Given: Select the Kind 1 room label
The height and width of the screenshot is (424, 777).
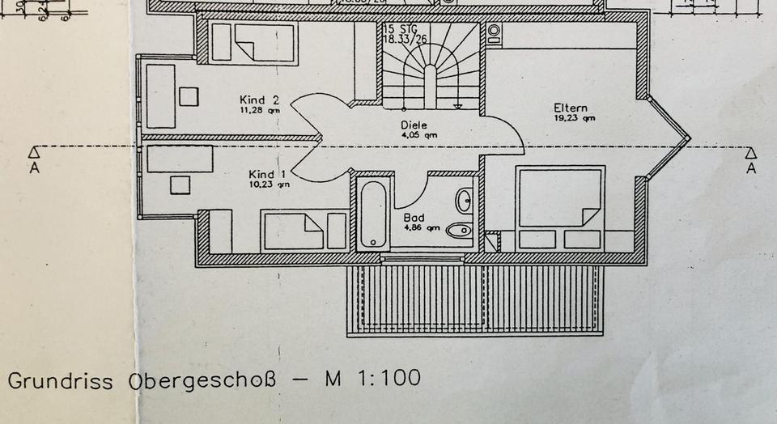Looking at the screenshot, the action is pyautogui.click(x=268, y=175).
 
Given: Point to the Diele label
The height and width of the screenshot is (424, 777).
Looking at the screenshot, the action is pyautogui.click(x=414, y=125).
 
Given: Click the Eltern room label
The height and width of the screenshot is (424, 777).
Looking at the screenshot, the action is pyautogui.click(x=571, y=108).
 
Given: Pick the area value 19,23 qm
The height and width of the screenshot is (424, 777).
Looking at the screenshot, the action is pyautogui.click(x=574, y=118).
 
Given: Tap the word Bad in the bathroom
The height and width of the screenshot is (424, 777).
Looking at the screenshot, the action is pyautogui.click(x=414, y=218).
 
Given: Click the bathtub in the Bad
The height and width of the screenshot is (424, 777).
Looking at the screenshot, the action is pyautogui.click(x=372, y=213).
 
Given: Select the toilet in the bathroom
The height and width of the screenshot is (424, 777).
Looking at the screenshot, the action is pyautogui.click(x=460, y=231).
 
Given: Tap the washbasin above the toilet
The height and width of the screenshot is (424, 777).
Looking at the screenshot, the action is pyautogui.click(x=464, y=200).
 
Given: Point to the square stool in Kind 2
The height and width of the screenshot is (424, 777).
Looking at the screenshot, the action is pyautogui.click(x=189, y=96).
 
